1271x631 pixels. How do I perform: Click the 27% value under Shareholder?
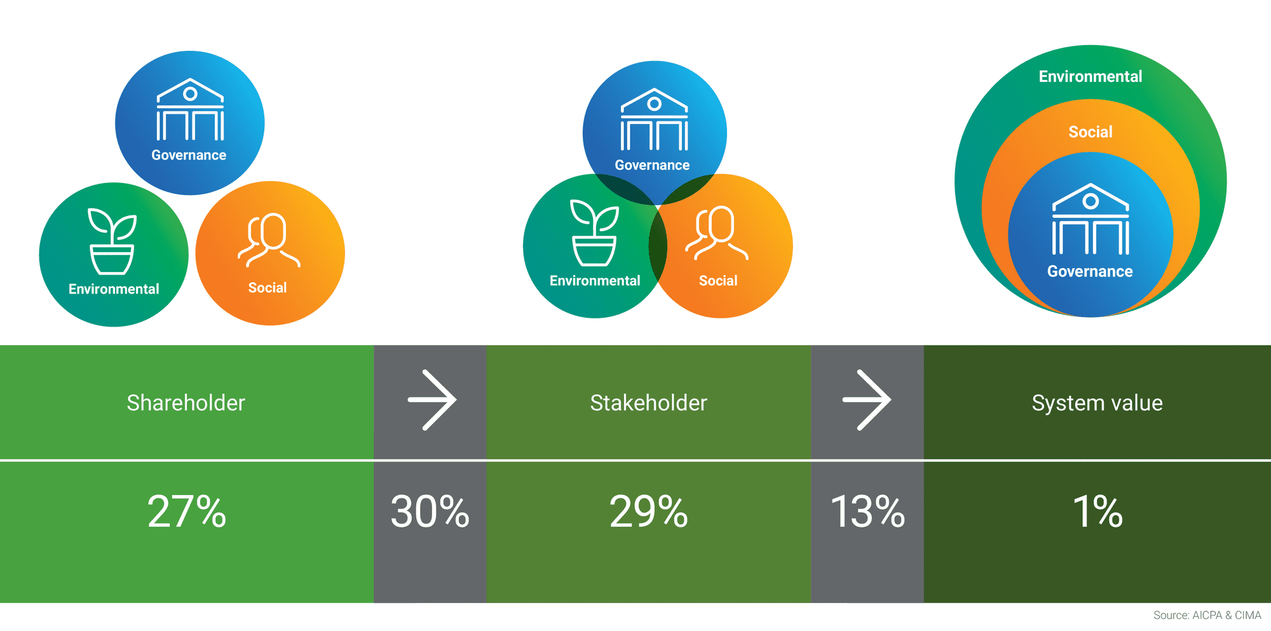[x=187, y=512]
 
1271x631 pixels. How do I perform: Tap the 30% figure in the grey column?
[x=430, y=512]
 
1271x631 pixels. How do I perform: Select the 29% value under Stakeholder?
[x=649, y=512]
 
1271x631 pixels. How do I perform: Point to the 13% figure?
[x=867, y=512]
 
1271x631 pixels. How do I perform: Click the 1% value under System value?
[x=1098, y=512]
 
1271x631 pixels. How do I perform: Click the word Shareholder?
[x=186, y=403]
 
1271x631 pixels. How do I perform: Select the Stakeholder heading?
[x=648, y=403]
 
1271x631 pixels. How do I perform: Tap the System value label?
[x=1097, y=404]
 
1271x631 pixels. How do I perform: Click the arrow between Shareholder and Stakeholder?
[x=432, y=400]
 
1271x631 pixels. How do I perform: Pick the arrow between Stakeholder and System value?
[x=867, y=400]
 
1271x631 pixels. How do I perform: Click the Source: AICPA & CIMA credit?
[x=1207, y=615]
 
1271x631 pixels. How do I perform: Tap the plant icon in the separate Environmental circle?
[x=112, y=241]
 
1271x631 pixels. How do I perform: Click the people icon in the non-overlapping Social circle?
[x=269, y=240]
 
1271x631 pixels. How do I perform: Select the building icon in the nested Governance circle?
[x=1091, y=219]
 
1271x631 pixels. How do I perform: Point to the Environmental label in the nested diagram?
[x=1091, y=76]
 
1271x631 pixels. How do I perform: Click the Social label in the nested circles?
[x=1091, y=132]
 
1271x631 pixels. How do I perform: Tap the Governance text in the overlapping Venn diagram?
[x=652, y=165]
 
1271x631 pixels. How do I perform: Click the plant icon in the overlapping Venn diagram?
[x=595, y=233]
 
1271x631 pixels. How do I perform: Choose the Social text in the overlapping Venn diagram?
[x=718, y=281]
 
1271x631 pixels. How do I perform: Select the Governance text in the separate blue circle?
[x=189, y=155]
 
